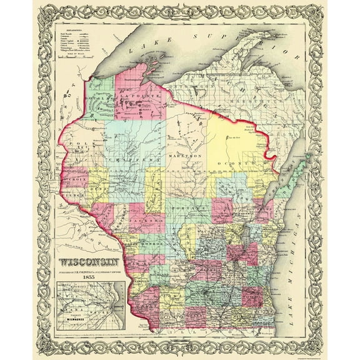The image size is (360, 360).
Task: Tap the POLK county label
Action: coord(75,154)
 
